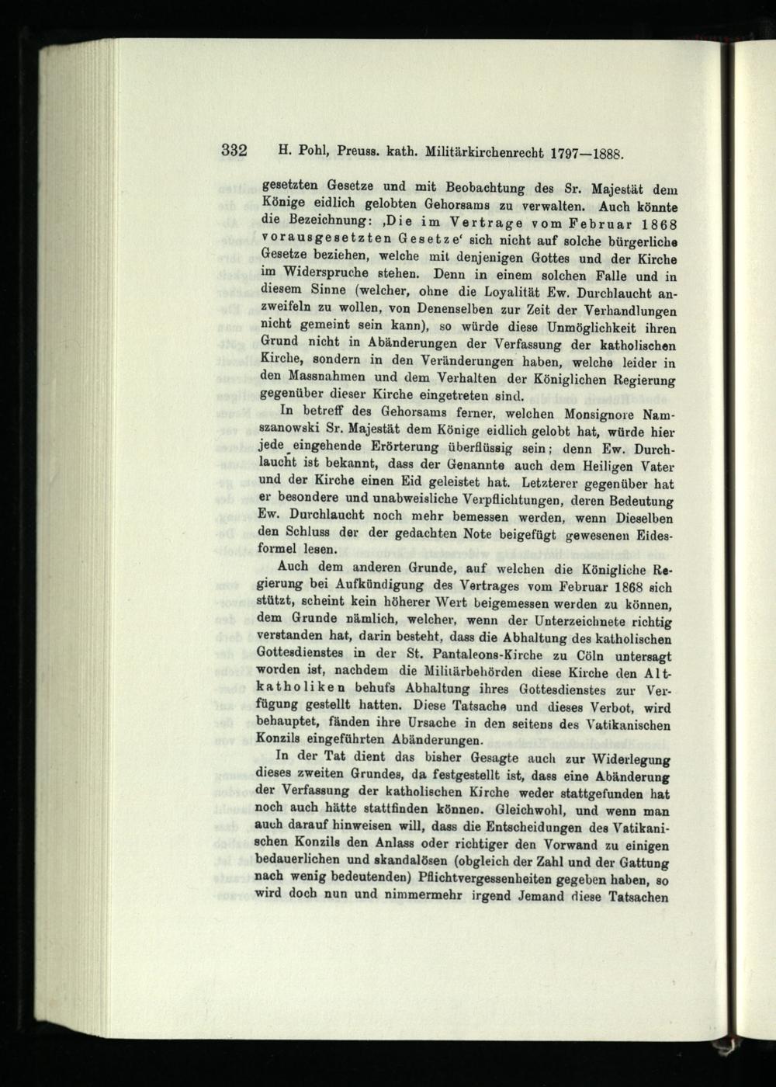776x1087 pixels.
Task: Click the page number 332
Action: [x=234, y=151]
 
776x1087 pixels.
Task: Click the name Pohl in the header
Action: [x=311, y=151]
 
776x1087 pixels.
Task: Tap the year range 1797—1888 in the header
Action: [x=587, y=153]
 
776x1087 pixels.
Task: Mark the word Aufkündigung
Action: [x=380, y=585]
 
